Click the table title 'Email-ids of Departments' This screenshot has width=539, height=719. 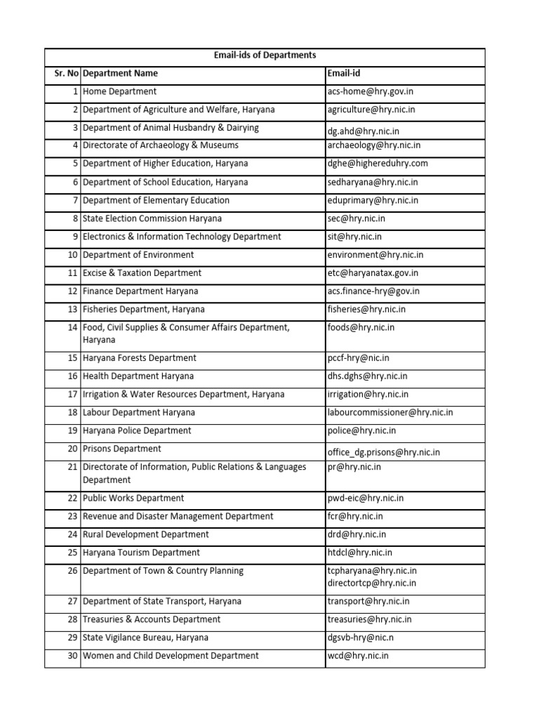[265, 55]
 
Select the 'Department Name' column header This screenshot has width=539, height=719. [120, 74]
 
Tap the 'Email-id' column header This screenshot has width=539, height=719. [344, 74]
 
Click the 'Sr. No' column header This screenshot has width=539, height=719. [62, 74]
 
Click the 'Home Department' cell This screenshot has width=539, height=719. [119, 92]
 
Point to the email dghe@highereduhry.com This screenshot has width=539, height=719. [377, 164]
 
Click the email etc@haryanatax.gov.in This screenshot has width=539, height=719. [373, 273]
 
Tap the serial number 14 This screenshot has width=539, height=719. [72, 328]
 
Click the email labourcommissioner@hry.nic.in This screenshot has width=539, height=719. [390, 413]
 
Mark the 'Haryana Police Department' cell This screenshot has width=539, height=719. [137, 431]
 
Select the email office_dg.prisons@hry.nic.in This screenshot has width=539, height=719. [384, 453]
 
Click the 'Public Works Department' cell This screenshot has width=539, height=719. [133, 499]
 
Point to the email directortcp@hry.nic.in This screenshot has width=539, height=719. [371, 583]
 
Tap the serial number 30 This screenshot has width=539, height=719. [72, 656]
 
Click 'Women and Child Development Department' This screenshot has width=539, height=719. [171, 656]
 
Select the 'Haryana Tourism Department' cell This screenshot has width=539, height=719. [141, 553]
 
